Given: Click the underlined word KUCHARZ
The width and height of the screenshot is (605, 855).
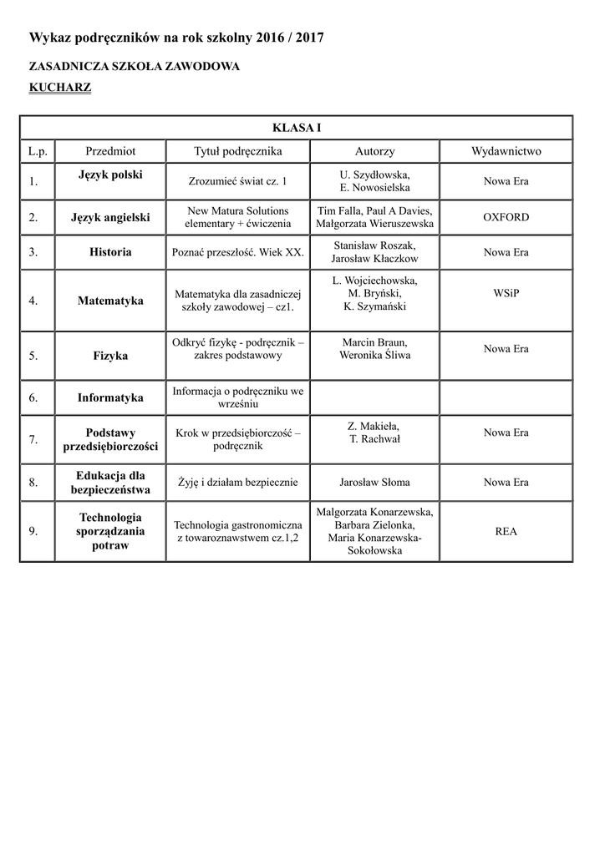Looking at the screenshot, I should tap(60, 87).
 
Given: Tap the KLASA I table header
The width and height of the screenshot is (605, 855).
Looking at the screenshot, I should tap(297, 128).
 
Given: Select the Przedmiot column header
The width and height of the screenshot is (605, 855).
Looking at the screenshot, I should tap(110, 151).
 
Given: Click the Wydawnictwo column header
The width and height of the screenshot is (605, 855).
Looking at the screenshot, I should tap(506, 151).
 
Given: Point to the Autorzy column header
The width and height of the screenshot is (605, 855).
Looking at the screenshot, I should tap(374, 151).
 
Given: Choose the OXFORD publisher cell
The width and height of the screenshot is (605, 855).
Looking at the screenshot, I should tap(506, 217).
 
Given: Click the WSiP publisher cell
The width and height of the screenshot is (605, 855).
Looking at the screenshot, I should tap(506, 293).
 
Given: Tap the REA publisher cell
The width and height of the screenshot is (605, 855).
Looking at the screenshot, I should tap(506, 531).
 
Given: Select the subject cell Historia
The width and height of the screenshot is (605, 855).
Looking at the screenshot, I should tap(110, 251).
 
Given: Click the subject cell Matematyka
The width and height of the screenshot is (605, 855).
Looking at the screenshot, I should tap(110, 301).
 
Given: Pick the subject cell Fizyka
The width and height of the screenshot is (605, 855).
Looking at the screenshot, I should tap(110, 356).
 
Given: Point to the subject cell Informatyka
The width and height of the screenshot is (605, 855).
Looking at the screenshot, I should tap(110, 398).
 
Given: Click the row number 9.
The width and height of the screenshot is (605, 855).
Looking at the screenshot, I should tap(33, 531).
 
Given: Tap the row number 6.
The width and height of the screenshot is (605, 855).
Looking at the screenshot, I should tap(33, 398).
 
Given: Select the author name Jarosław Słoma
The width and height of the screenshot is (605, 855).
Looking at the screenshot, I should tap(374, 482).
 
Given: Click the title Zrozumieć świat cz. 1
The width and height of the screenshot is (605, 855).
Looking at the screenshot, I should tap(237, 181).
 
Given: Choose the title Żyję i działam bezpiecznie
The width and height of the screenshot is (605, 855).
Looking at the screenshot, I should tap(237, 482).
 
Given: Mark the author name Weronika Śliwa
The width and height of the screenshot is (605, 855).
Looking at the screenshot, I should tap(374, 355).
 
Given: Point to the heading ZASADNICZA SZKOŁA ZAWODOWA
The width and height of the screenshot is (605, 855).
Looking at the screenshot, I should tap(135, 66).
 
